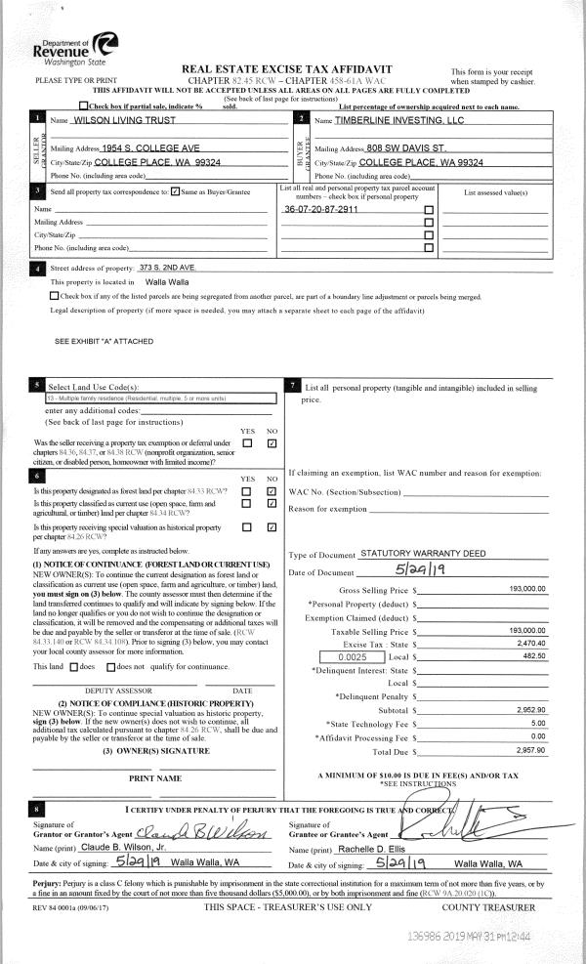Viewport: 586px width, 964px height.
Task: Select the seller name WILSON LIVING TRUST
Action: click(126, 120)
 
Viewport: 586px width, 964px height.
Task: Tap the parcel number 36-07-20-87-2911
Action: click(321, 210)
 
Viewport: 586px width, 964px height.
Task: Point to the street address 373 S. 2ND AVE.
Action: click(167, 267)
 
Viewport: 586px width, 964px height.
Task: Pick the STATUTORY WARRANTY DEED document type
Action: click(423, 554)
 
